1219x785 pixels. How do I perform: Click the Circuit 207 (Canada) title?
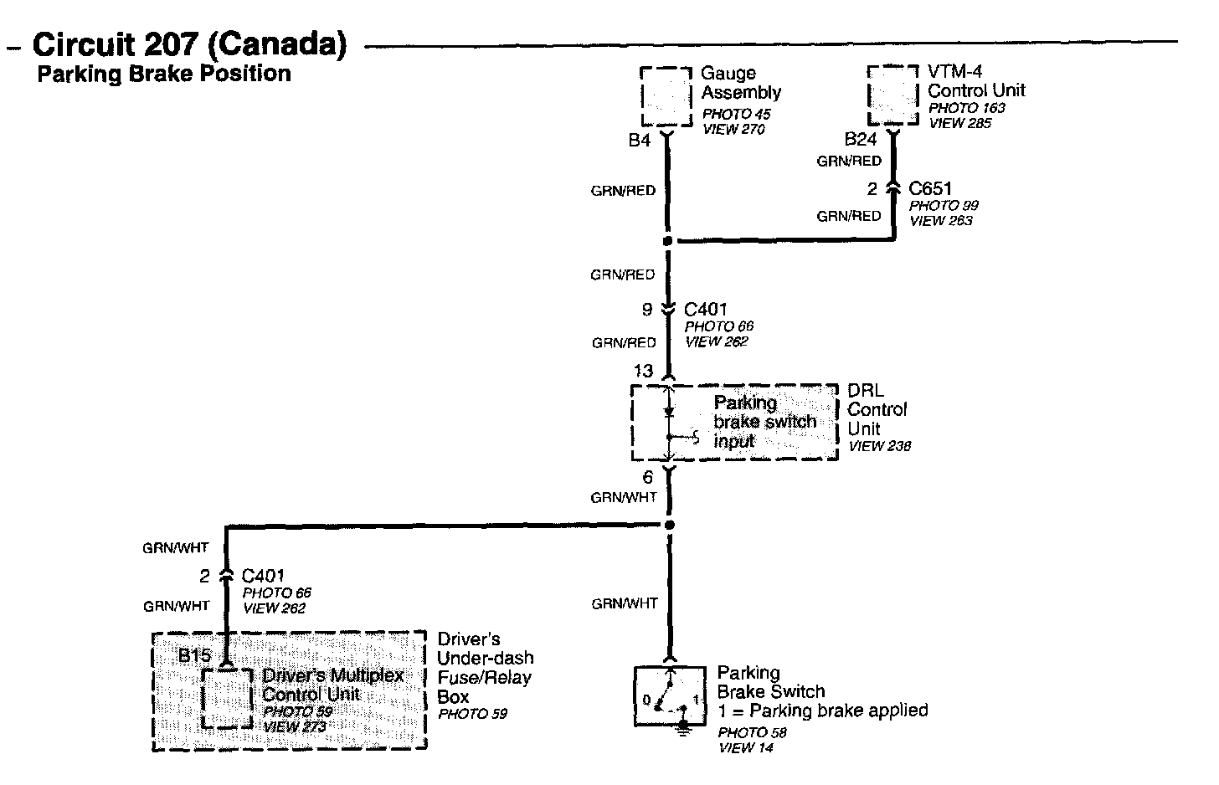(189, 44)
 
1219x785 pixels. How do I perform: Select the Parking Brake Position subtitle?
(164, 74)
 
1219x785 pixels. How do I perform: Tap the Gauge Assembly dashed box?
(667, 97)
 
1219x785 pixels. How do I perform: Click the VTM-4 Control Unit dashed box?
(892, 95)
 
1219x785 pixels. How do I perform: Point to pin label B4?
(639, 141)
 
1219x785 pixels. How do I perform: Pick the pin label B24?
(860, 140)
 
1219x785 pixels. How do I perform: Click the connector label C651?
(930, 189)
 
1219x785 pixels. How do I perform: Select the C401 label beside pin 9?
(705, 310)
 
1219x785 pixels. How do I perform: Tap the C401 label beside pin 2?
(263, 576)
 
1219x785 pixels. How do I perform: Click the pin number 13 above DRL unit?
(643, 371)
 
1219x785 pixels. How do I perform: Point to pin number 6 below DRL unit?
(647, 479)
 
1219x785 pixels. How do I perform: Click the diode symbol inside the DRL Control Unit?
(668, 413)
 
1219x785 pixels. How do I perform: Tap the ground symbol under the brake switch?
(684, 730)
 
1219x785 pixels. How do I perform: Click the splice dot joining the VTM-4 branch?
(667, 241)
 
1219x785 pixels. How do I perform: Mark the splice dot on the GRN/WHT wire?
(668, 526)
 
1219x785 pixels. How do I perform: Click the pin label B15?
(194, 655)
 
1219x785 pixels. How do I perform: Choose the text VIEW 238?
(879, 447)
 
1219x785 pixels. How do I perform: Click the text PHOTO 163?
(966, 108)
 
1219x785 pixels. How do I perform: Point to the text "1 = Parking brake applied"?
(822, 711)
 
